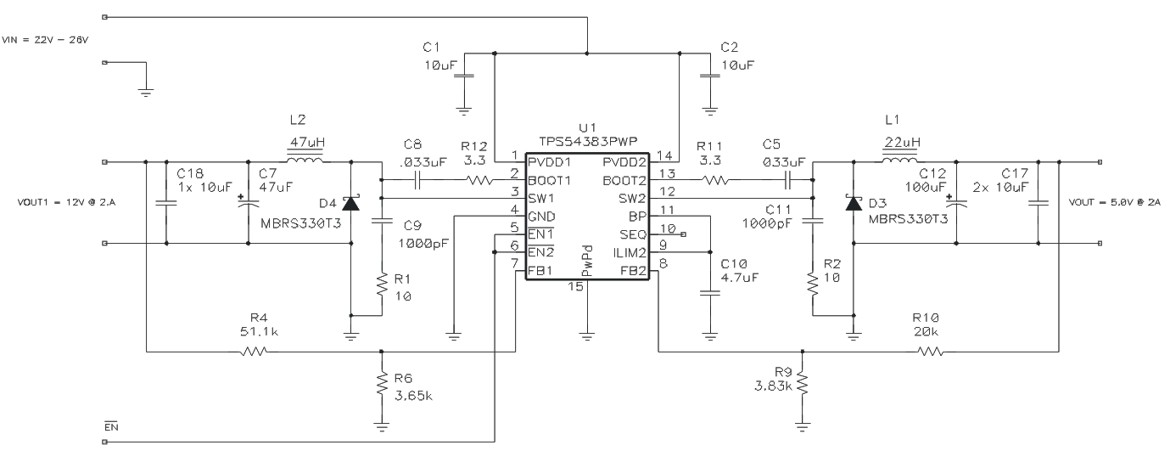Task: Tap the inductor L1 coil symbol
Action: pyautogui.click(x=899, y=161)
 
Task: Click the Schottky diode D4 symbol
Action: pyautogui.click(x=351, y=203)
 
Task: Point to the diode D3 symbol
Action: pyautogui.click(x=853, y=203)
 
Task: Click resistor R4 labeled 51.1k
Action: pyautogui.click(x=253, y=352)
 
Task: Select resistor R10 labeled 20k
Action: pyautogui.click(x=931, y=352)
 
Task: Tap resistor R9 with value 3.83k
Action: pyautogui.click(x=802, y=386)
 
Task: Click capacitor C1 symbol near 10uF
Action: pyautogui.click(x=464, y=77)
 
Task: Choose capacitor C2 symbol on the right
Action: pyautogui.click(x=709, y=77)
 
